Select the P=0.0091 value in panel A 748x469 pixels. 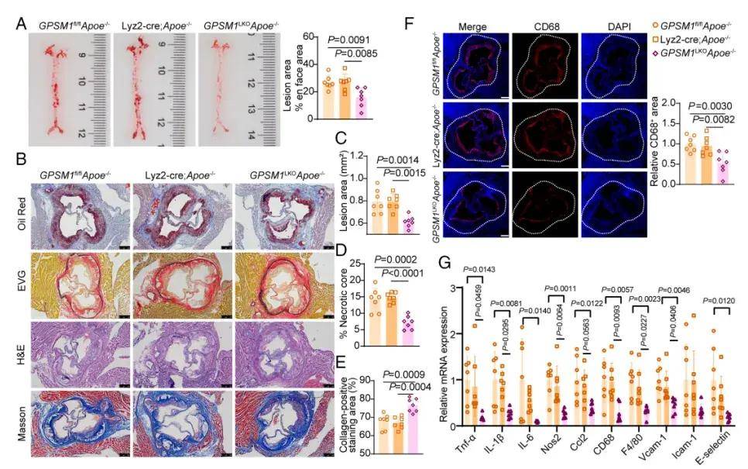350,40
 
